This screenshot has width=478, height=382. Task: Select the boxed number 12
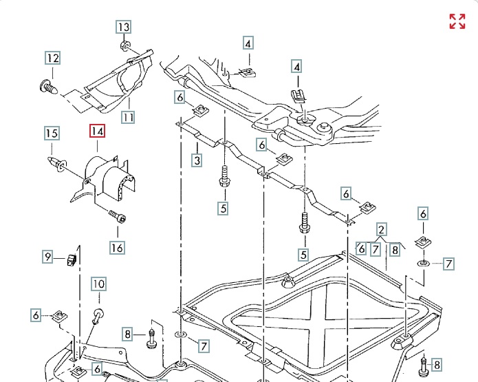(53, 59)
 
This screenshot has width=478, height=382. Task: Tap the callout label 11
(129, 116)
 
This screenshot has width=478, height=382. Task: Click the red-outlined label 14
(96, 131)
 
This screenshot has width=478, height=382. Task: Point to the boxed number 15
(52, 133)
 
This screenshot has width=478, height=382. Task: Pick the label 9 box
(47, 257)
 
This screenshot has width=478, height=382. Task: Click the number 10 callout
(98, 284)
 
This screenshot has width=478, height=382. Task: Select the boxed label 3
(197, 161)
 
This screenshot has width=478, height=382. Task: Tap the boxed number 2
(381, 229)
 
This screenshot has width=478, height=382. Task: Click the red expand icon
(457, 21)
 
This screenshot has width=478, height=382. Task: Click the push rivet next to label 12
(47, 87)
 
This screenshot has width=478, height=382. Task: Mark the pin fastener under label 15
(57, 163)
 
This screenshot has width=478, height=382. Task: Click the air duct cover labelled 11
(117, 83)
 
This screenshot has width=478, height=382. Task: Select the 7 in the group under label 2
(376, 250)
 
